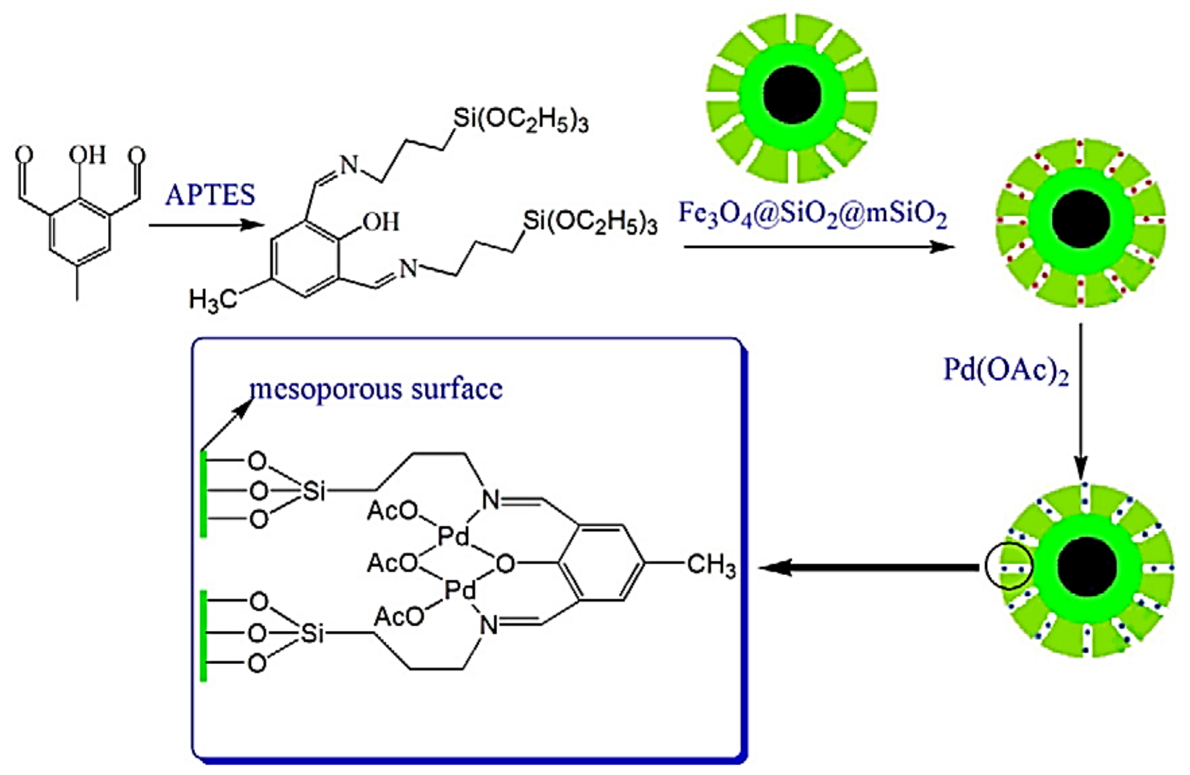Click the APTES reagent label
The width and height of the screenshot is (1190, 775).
point(210,195)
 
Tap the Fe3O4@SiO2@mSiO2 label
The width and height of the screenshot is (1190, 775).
point(812,214)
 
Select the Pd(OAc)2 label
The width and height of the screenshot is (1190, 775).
point(1005,370)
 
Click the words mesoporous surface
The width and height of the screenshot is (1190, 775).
point(376,389)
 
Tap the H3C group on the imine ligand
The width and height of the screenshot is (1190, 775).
point(211,300)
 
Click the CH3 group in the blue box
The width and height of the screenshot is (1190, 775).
point(711,564)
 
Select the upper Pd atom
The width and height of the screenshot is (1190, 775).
point(453,538)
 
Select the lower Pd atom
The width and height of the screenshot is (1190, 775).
point(461,591)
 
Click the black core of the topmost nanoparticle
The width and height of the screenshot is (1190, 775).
point(791,96)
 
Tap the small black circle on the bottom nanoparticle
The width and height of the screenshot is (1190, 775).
point(1009,567)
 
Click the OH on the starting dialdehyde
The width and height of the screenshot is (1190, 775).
point(87,155)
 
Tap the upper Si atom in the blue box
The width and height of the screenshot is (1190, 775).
point(314,491)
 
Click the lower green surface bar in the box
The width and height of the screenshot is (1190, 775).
point(204,636)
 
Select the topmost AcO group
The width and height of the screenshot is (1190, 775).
point(392,511)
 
